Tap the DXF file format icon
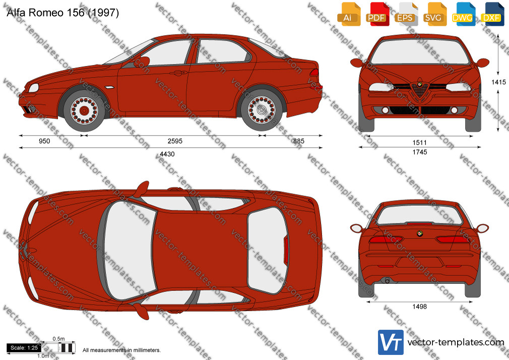point(492,14)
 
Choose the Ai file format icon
point(349,14)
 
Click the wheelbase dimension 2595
point(175,141)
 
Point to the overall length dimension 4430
point(167,154)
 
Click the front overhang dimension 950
point(44,141)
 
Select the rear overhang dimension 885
point(299,141)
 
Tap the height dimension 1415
point(498,82)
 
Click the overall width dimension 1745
point(420,152)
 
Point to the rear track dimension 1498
point(420,307)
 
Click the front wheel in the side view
point(84,111)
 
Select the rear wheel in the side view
point(262,110)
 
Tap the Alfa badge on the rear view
point(420,233)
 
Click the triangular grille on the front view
point(420,89)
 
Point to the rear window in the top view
point(268,250)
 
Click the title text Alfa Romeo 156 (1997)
point(62,12)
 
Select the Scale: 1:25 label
point(24,348)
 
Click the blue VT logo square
point(391,342)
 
